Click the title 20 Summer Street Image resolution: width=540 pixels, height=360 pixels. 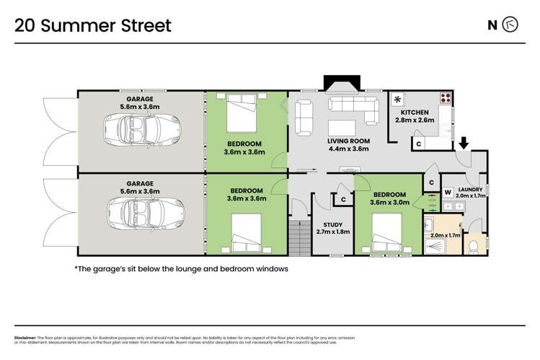tap(93, 26)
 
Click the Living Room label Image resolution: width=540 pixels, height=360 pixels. tap(348, 144)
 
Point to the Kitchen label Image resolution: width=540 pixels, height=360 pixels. tap(413, 116)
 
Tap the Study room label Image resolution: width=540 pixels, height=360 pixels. tap(332, 228)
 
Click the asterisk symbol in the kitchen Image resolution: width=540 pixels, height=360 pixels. tap(397, 100)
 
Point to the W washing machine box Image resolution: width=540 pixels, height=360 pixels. tap(447, 193)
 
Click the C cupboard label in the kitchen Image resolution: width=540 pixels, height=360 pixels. tap(418, 144)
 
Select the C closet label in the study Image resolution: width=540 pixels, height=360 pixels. tap(344, 198)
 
